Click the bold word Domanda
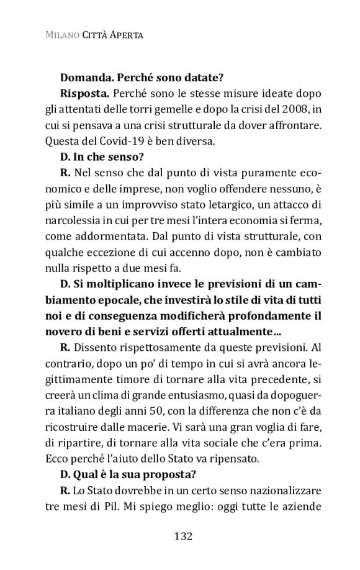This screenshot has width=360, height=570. (x=85, y=79)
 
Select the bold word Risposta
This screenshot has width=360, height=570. (x=84, y=94)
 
